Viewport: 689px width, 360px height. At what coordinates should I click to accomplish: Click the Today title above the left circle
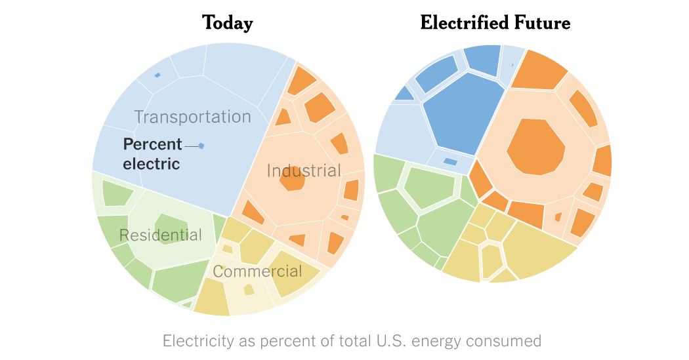[227, 23]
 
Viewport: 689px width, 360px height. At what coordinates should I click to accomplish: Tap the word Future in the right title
[543, 23]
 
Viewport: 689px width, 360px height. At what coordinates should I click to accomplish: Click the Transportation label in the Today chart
[192, 117]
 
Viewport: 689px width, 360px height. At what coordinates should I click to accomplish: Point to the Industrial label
[304, 171]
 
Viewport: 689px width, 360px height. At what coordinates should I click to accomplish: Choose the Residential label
[160, 235]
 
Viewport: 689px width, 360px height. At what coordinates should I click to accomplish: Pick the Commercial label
[257, 271]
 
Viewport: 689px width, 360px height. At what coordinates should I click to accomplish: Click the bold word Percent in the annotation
[152, 144]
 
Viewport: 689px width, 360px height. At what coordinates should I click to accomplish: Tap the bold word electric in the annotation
[151, 163]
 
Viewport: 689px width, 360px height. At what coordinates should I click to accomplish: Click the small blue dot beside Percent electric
[201, 146]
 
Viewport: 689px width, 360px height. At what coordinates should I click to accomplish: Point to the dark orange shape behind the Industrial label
[292, 178]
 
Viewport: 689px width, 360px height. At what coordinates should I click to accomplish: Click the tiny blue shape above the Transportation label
[157, 75]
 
